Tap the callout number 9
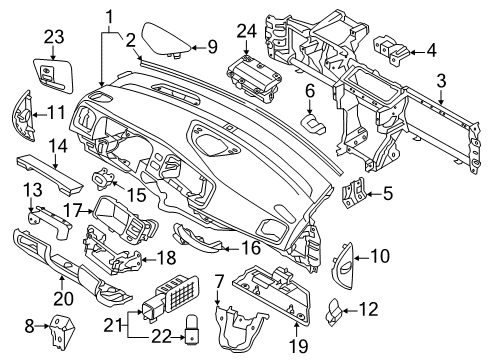211,46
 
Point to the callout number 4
431,50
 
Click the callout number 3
440,98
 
